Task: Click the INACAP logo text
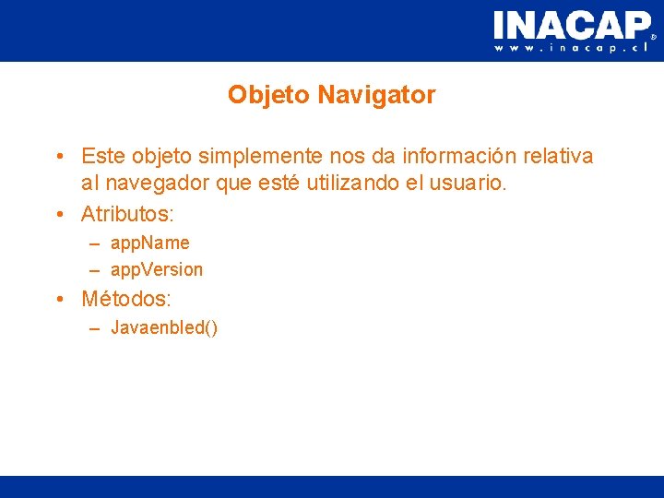[571, 25]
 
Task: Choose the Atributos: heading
[127, 215]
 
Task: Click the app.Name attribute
[149, 243]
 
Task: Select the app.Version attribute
[156, 270]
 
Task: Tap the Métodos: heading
[126, 300]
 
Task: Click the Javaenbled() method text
[164, 328]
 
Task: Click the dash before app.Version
[96, 270]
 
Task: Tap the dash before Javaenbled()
[96, 328]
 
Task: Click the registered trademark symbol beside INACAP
[654, 38]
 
